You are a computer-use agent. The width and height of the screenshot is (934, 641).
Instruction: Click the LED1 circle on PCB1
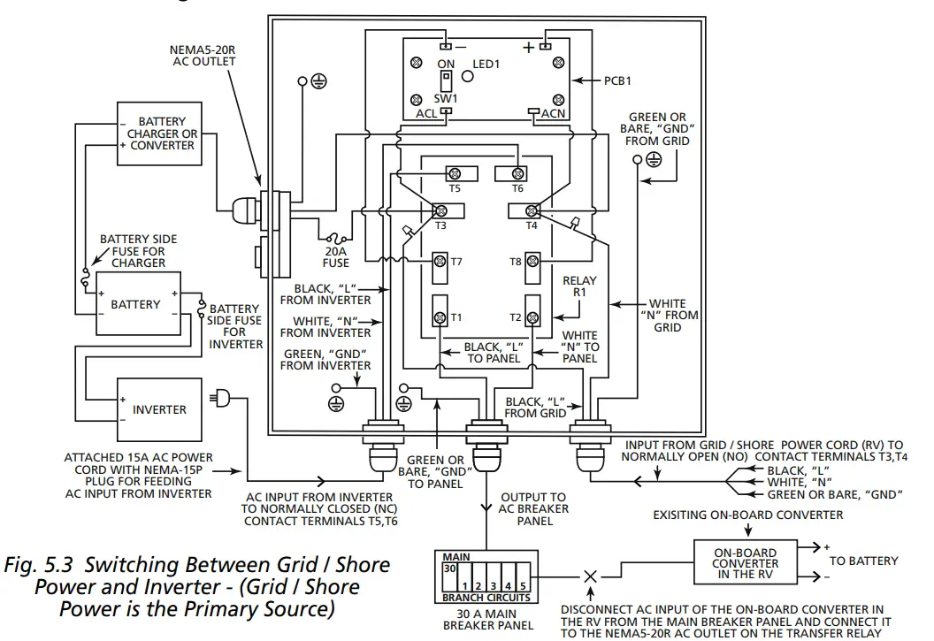[x=470, y=77]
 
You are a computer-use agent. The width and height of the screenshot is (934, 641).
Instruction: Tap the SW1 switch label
[x=445, y=98]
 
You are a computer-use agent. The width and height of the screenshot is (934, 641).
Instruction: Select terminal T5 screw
[x=456, y=172]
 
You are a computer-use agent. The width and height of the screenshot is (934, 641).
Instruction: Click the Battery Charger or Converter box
[x=159, y=134]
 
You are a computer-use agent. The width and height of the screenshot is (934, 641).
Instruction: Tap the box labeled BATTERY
[x=135, y=305]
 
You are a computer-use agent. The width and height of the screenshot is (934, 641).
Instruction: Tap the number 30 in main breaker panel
[x=449, y=570]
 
